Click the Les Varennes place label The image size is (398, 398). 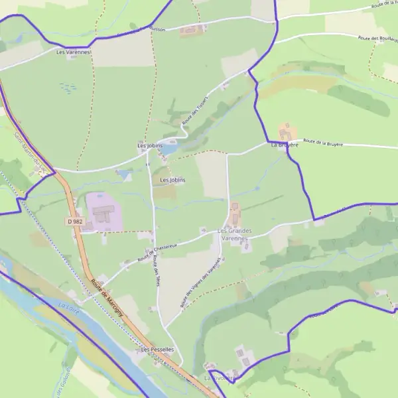[73, 52]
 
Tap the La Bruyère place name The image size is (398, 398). [285, 145]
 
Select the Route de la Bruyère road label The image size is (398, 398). [326, 142]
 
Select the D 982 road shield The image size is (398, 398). [74, 220]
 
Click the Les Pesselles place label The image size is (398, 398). [157, 349]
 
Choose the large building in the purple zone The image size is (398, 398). [103, 214]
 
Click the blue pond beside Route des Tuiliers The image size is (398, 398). [168, 148]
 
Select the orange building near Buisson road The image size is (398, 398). [192, 30]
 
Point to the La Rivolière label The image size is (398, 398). [218, 377]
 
